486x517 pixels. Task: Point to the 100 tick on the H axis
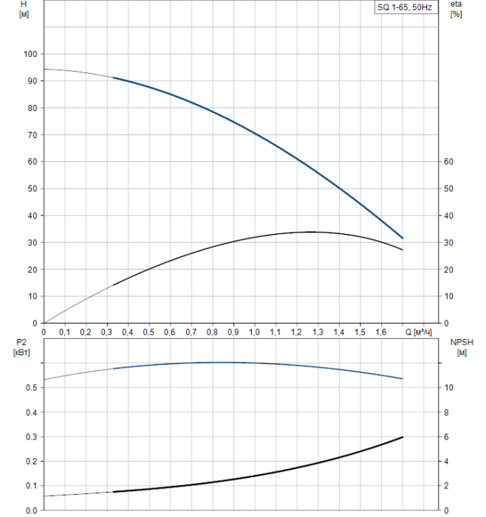click(30, 54)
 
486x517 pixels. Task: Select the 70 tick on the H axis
click(32, 135)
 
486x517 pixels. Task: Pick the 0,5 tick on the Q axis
click(148, 333)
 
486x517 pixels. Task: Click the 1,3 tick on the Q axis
click(318, 333)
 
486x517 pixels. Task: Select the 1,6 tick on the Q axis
click(380, 333)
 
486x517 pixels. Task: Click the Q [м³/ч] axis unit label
click(417, 333)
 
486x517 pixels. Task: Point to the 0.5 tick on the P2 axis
click(31, 388)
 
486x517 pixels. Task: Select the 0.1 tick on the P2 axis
click(31, 486)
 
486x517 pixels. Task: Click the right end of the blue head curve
click(403, 238)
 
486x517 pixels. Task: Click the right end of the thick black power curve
click(403, 437)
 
